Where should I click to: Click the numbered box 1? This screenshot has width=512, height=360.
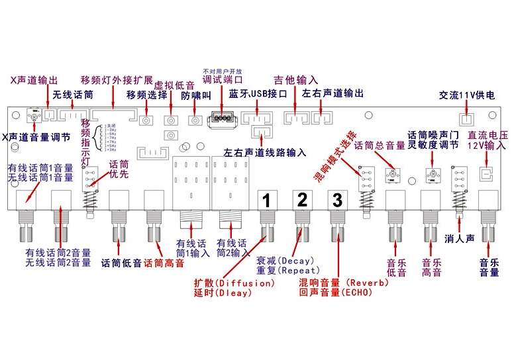(x=265, y=199)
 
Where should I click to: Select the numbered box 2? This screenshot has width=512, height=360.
(x=301, y=199)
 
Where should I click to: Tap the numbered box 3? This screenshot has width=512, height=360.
(x=337, y=199)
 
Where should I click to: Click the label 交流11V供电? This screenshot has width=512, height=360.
(x=467, y=95)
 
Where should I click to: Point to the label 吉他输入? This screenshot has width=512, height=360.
(x=296, y=80)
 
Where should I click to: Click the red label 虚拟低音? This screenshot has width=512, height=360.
(x=174, y=85)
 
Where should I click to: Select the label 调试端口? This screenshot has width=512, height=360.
(x=223, y=79)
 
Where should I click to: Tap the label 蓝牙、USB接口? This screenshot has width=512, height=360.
(x=258, y=94)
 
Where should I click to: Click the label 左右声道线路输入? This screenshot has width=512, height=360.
(x=265, y=152)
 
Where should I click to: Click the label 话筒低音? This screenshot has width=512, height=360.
(x=121, y=263)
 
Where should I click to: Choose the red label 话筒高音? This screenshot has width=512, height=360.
(x=164, y=263)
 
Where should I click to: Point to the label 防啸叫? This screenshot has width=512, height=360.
(x=195, y=95)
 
